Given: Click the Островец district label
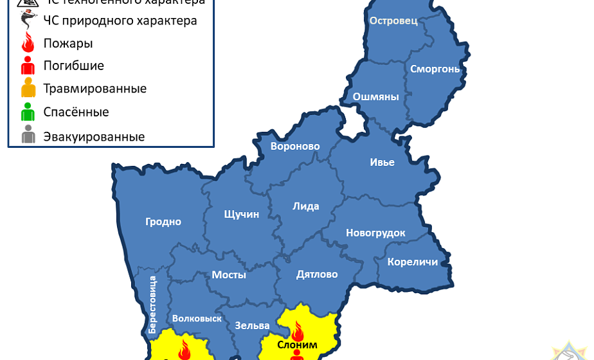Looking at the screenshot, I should (393, 21).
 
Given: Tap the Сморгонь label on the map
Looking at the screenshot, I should (435, 69).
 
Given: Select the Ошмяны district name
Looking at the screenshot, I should (376, 97).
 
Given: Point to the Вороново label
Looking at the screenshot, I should (295, 147).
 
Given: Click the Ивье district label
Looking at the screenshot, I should (382, 162).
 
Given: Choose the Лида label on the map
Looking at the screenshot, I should (305, 206).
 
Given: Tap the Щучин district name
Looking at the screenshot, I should (241, 214).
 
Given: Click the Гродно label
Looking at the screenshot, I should (163, 222).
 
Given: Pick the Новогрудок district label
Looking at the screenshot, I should (375, 233).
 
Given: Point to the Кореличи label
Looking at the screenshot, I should (412, 262).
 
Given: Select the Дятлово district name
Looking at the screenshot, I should (317, 274).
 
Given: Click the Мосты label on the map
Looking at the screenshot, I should (229, 274).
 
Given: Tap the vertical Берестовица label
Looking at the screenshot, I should (152, 303).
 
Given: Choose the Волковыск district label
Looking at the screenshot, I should (197, 318).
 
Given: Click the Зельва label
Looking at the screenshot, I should (247, 325).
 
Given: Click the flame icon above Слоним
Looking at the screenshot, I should (297, 331).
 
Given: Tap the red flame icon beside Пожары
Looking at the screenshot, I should (28, 44).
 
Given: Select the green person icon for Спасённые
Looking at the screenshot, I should (28, 113).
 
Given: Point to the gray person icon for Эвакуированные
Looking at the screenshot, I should (28, 136).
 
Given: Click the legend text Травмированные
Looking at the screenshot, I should (94, 89).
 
